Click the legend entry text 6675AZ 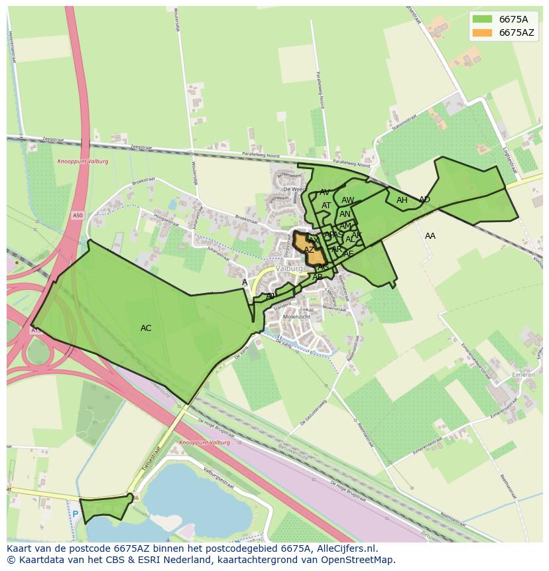tap(517, 32)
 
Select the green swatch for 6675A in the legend tap(483, 19)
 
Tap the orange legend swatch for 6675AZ tap(483, 32)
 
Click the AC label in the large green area tap(146, 328)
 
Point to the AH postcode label tap(402, 200)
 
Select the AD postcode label tap(424, 200)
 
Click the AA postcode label tap(430, 236)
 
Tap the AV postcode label tap(325, 192)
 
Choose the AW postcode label tap(347, 200)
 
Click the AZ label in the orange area tap(309, 250)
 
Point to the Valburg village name tap(289, 269)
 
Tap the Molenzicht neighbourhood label tap(296, 318)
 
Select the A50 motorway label tap(78, 215)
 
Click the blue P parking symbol tap(75, 514)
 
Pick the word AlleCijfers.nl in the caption tap(345, 548)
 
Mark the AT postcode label tap(326, 206)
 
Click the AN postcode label tap(345, 214)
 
